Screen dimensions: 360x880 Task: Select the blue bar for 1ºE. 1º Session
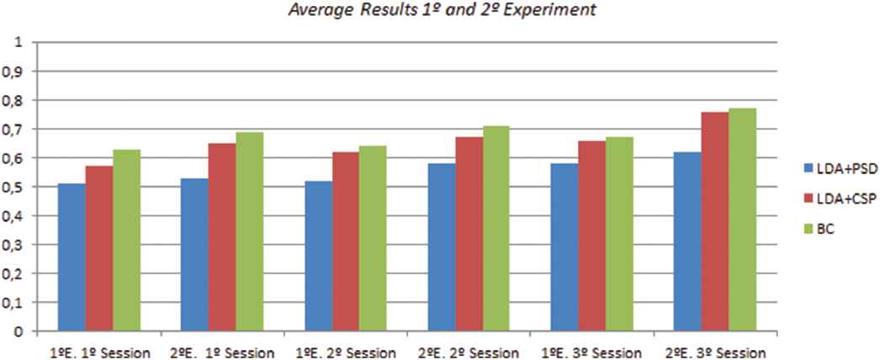tap(72, 257)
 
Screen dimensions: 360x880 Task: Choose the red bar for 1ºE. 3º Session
tap(592, 236)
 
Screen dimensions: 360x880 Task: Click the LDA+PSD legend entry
tap(842, 168)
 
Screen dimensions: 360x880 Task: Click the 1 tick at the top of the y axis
tap(19, 42)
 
